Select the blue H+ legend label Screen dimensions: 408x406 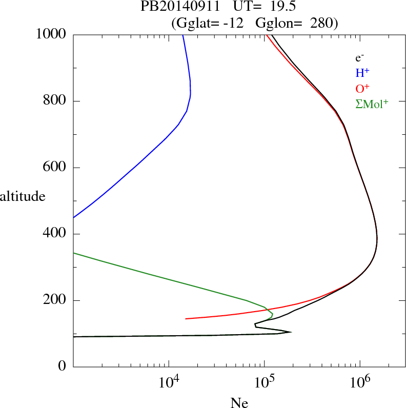tap(362, 74)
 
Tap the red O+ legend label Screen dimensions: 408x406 tap(362, 89)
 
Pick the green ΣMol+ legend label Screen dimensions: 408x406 tap(372, 104)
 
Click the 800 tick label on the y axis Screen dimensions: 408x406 tap(55, 101)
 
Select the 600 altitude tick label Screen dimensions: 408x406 tap(55, 168)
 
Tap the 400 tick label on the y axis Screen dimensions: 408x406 tap(55, 234)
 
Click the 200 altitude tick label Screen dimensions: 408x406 tap(55, 300)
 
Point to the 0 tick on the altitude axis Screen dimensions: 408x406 tap(63, 367)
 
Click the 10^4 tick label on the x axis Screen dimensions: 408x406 tap(169, 382)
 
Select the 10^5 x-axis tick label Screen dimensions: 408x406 tap(265, 382)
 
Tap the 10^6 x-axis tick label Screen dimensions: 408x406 tap(360, 382)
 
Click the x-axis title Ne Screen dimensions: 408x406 tap(239, 402)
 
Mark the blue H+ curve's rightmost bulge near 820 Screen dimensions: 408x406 tap(191, 94)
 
